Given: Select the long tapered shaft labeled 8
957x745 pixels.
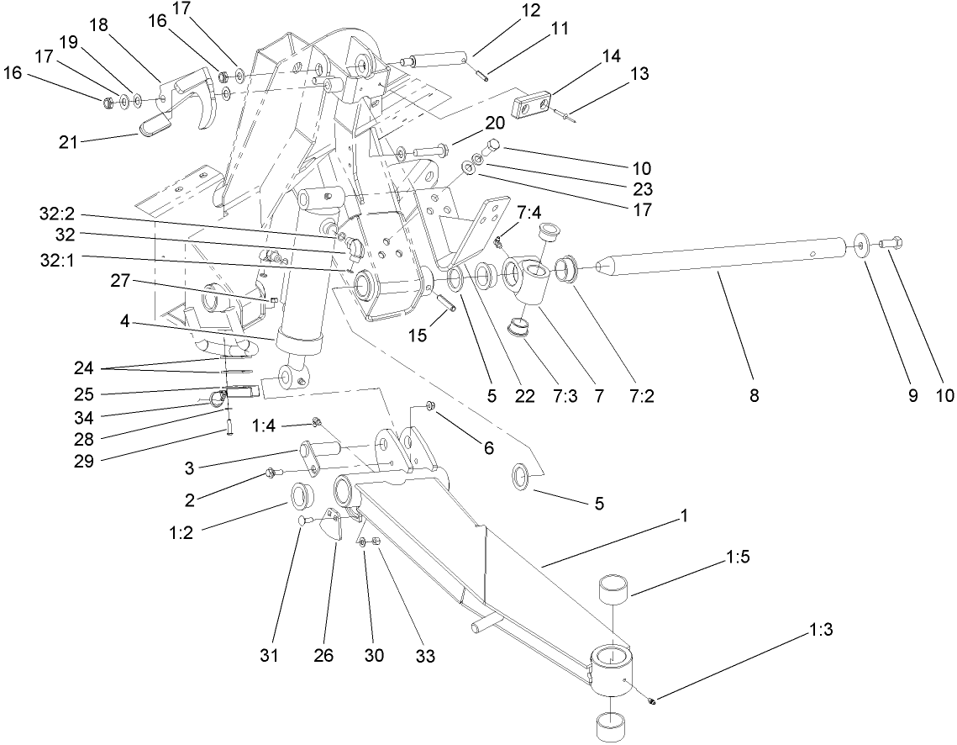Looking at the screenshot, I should click(723, 255).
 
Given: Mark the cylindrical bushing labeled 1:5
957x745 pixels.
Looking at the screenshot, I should click(615, 589).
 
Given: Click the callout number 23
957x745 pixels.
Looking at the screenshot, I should click(644, 188).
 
